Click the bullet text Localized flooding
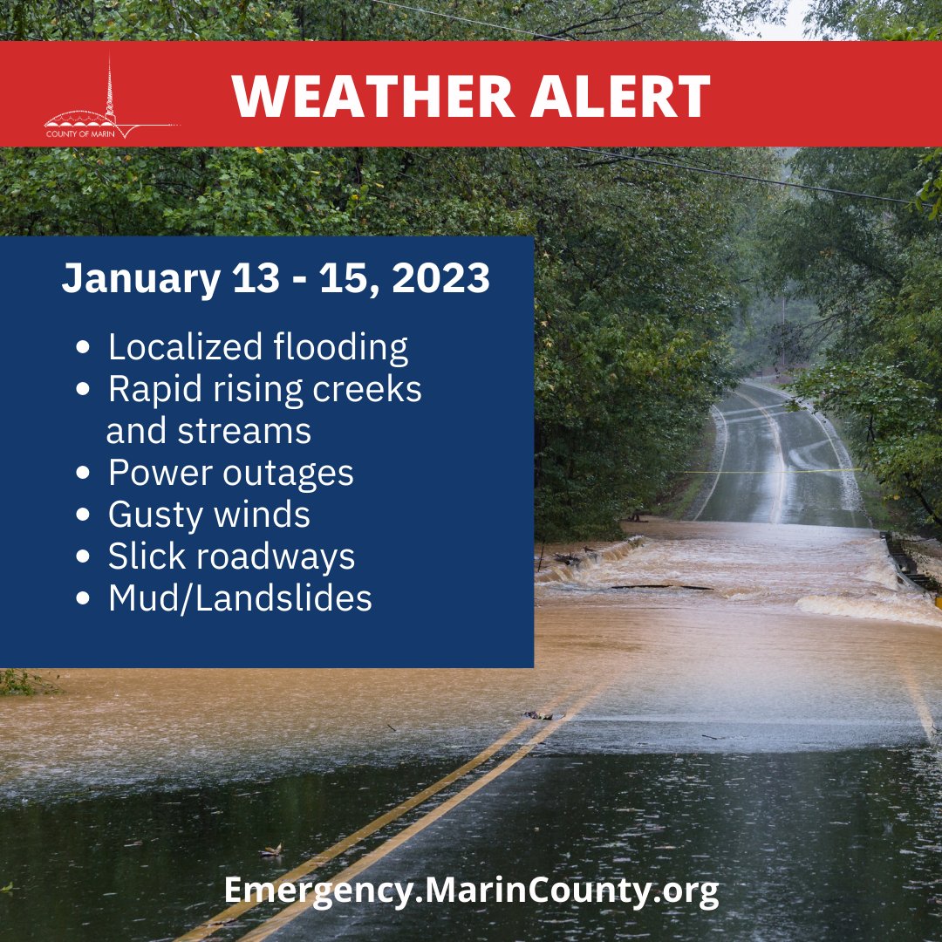click(257, 347)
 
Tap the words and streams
click(208, 431)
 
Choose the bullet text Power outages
click(230, 473)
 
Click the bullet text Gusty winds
click(208, 515)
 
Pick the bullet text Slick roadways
click(231, 556)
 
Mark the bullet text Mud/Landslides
click(240, 598)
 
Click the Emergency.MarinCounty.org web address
click(471, 891)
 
